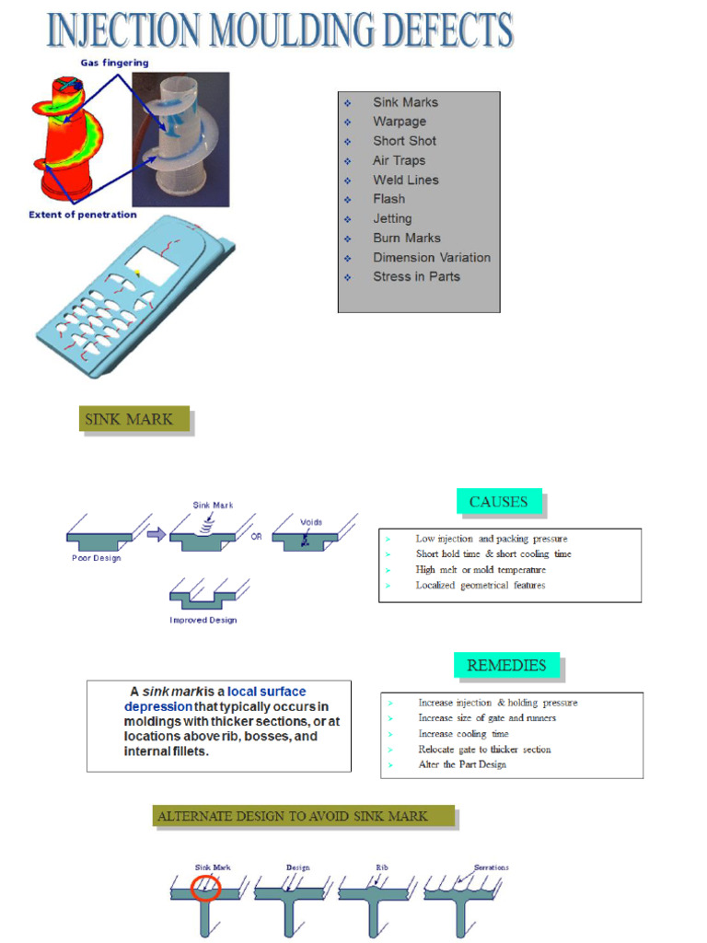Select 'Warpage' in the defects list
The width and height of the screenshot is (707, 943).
[400, 122]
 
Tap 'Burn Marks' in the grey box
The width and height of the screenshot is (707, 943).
[407, 238]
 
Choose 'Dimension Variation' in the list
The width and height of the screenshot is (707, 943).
[432, 257]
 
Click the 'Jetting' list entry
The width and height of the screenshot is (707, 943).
[392, 218]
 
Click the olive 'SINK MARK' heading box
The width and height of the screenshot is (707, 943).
[135, 420]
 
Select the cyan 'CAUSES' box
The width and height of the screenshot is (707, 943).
[498, 502]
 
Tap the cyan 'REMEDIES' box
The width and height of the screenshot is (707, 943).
[506, 665]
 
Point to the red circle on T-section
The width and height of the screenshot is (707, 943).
[205, 887]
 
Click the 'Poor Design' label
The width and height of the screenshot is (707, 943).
[97, 558]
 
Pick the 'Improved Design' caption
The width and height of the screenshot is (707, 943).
[203, 620]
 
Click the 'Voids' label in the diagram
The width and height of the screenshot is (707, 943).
[311, 521]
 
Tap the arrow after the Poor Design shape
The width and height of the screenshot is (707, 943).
[156, 534]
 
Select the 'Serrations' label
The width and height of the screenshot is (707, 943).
[491, 867]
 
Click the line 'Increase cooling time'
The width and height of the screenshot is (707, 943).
[463, 734]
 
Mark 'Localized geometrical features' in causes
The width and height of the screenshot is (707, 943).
[480, 585]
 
